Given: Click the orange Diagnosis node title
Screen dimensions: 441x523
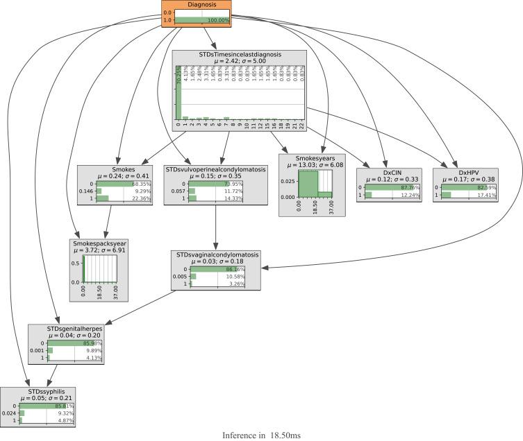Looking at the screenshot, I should pyautogui.click(x=201, y=5).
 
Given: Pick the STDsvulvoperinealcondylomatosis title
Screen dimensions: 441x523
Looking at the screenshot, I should pyautogui.click(x=216, y=169).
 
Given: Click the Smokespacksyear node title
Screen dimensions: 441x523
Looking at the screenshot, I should pyautogui.click(x=103, y=243).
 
